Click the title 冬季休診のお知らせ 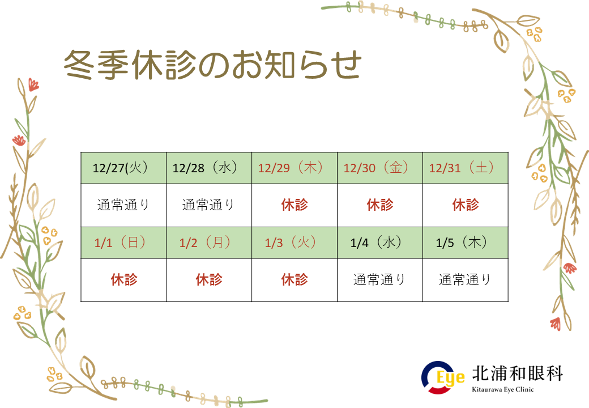point(212,65)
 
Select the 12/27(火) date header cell point(123,168)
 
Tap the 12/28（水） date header point(209,168)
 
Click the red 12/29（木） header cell point(294,168)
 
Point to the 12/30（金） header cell point(380,168)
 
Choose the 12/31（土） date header point(466,168)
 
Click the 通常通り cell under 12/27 point(123,205)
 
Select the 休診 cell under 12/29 point(294,205)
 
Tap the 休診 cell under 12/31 point(466,205)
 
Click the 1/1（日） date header point(123,243)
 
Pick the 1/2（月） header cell point(209,243)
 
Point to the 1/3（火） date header point(294,243)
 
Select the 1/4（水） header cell point(380,243)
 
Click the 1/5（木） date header point(466,243)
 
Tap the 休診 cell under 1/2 point(209,280)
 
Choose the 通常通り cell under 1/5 point(466,280)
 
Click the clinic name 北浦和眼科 point(517,373)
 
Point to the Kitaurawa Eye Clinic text point(502,390)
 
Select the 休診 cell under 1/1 point(123,280)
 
